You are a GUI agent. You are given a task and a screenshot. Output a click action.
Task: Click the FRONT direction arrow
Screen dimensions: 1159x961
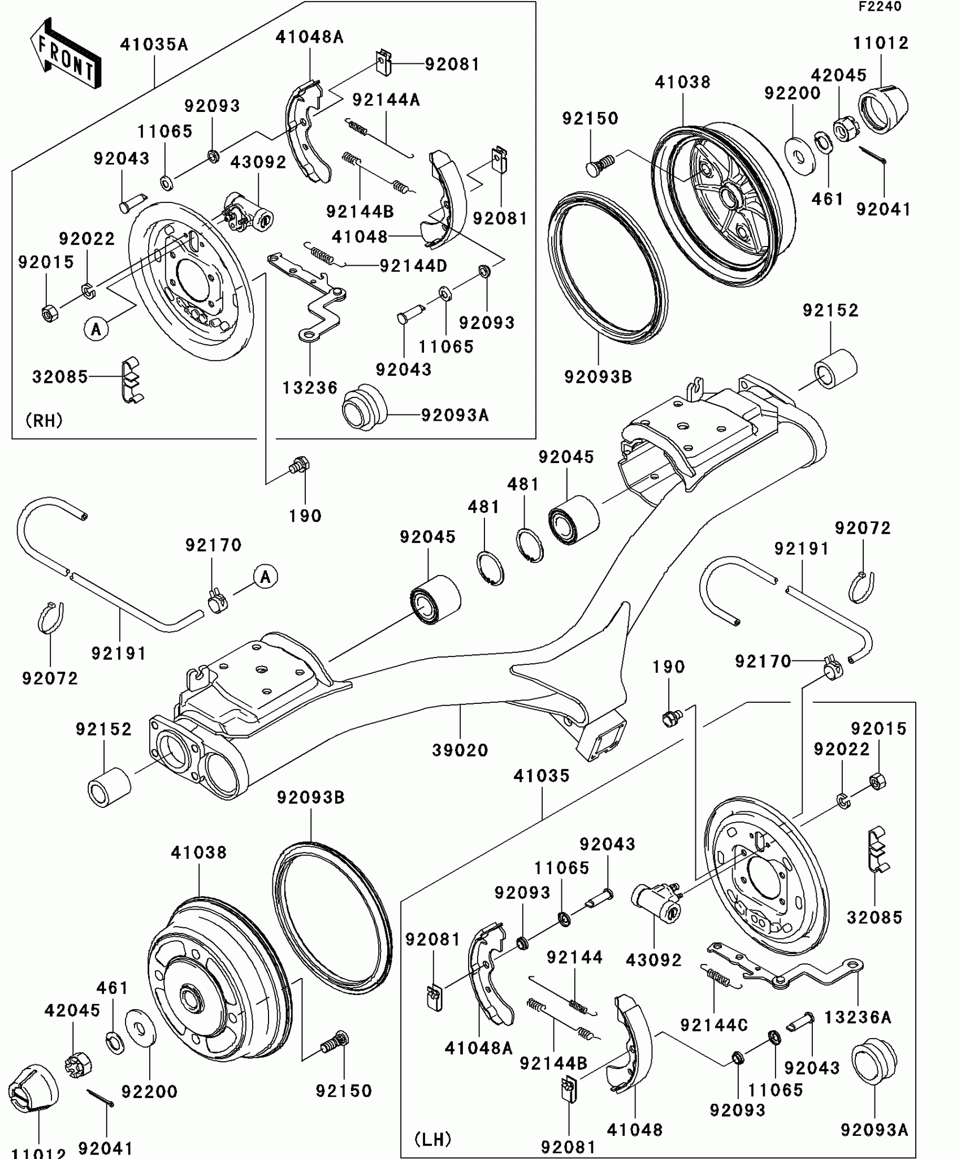point(66,54)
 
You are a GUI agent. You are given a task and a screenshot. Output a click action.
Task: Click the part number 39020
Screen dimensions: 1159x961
point(460,750)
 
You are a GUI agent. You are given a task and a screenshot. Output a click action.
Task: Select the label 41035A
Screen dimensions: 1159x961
point(154,45)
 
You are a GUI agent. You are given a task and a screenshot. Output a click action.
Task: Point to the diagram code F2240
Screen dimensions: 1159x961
point(880,7)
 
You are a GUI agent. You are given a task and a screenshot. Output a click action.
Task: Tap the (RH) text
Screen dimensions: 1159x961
point(44,420)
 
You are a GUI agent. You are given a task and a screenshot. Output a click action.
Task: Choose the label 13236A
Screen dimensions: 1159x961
point(858,1017)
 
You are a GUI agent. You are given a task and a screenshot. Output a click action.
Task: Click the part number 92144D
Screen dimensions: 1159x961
point(413,266)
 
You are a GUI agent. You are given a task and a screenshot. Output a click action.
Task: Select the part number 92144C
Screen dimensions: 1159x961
point(714,1025)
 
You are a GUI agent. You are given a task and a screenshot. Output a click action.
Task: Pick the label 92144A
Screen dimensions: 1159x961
point(386,100)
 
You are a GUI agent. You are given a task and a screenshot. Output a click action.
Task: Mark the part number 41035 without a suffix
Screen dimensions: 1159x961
point(542,776)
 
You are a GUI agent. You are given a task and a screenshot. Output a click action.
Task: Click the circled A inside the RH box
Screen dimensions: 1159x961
point(96,328)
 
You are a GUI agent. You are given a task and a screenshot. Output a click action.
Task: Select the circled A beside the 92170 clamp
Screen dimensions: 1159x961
point(265,577)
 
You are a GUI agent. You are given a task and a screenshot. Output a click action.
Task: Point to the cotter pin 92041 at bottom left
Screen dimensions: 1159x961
point(101,1097)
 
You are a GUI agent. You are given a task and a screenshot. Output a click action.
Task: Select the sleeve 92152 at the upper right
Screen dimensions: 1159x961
point(835,369)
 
